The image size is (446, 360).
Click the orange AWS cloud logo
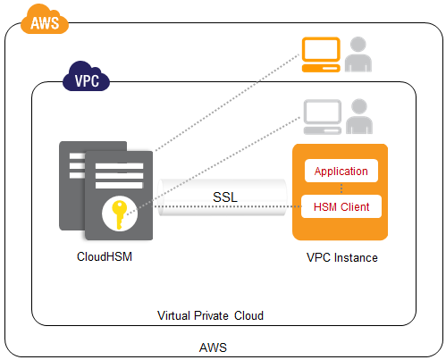pyautogui.click(x=45, y=20)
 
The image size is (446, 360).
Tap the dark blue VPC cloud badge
pyautogui.click(x=86, y=77)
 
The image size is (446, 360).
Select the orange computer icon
pyautogui.click(x=321, y=54)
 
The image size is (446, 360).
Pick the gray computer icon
pyautogui.click(x=323, y=117)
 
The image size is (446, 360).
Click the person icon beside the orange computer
pyautogui.click(x=358, y=54)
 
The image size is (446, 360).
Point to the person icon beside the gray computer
pyautogui.click(x=359, y=116)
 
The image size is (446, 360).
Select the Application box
pyautogui.click(x=341, y=171)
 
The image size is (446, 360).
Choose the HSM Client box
pyautogui.click(x=341, y=206)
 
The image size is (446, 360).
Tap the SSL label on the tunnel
pyautogui.click(x=225, y=197)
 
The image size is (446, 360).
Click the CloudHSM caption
pyautogui.click(x=105, y=256)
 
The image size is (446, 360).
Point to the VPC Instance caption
pyautogui.click(x=342, y=257)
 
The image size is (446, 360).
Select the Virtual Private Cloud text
pyautogui.click(x=210, y=315)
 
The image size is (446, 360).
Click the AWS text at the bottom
pyautogui.click(x=213, y=347)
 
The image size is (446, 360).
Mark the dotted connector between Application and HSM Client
pyautogui.click(x=341, y=188)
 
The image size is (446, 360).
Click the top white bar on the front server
pyautogui.click(x=119, y=166)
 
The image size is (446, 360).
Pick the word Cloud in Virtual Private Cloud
pyautogui.click(x=248, y=315)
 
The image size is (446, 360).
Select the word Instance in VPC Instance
pyautogui.click(x=356, y=257)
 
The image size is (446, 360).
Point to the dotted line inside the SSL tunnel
pyautogui.click(x=227, y=206)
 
